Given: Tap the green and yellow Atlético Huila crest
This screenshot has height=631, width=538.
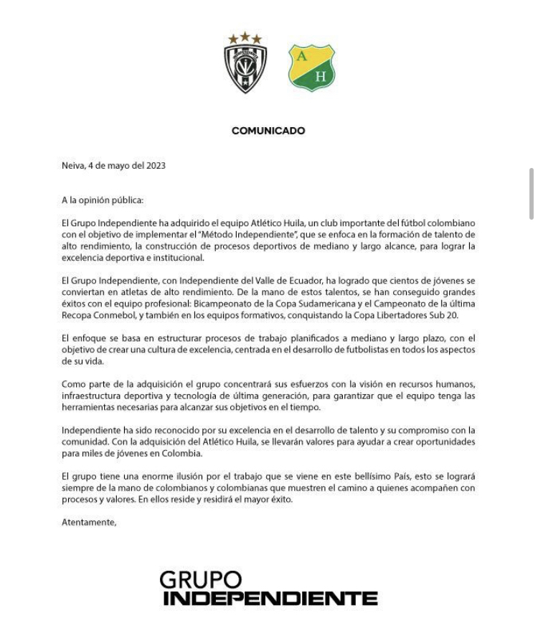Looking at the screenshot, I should pyautogui.click(x=311, y=68).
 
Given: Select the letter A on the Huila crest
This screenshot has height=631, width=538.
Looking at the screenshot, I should pyautogui.click(x=302, y=57).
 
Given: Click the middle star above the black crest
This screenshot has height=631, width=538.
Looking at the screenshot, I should pyautogui.click(x=245, y=35).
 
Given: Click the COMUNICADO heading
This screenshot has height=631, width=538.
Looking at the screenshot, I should pyautogui.click(x=268, y=131).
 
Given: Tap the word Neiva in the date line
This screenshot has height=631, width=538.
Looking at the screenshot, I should pyautogui.click(x=73, y=165).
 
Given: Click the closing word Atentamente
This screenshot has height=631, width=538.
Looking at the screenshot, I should pyautogui.click(x=88, y=522).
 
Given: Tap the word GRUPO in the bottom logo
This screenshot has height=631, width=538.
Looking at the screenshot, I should pyautogui.click(x=200, y=579).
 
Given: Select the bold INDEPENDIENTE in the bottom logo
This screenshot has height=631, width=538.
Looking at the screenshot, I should pyautogui.click(x=270, y=598).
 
